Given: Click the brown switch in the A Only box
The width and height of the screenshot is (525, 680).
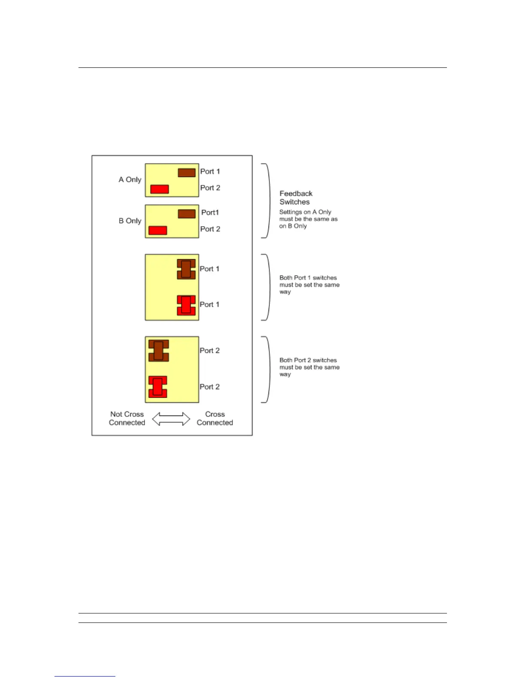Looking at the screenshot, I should pos(187,173).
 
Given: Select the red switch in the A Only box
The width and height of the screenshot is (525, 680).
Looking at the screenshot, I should pos(160,189).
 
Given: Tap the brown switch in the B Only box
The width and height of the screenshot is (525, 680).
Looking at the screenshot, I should pos(187,213).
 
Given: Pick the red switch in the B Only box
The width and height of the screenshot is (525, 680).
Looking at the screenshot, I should pos(157,230).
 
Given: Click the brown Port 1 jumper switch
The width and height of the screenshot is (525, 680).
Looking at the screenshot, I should pos(186,269).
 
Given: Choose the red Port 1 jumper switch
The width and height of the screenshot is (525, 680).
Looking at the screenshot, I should pos(186,305).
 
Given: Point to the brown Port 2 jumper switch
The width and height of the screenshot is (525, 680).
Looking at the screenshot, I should pos(159,350).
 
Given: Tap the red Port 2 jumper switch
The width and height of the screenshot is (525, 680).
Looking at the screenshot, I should pos(157,387).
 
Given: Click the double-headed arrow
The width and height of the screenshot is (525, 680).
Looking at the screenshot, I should pos(171,419).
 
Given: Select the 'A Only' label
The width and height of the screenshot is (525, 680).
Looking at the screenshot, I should pos(130,179).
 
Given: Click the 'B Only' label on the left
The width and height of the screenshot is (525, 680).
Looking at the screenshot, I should pos(130,221).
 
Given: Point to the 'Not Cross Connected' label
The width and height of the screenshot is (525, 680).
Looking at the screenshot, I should pos(127,419).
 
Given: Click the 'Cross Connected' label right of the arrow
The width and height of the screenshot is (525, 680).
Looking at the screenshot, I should pos(215,419).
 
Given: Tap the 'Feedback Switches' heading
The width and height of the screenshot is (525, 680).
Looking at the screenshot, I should pos(296,198).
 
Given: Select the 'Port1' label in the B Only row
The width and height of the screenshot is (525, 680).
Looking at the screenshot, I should pos(210,212).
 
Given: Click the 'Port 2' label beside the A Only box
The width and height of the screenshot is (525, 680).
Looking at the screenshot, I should pos(210,188).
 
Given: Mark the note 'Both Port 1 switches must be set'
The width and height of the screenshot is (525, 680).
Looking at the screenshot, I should pos(309,285).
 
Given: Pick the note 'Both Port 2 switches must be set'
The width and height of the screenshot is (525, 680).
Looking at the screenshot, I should pos(309,367).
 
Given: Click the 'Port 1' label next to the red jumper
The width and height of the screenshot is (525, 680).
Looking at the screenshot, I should pos(210,304).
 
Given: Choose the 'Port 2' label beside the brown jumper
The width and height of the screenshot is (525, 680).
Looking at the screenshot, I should pos(210,350).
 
